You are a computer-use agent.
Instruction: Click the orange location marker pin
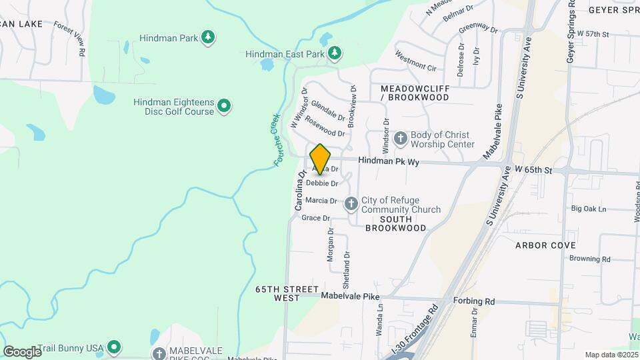pyautogui.click(x=320, y=159)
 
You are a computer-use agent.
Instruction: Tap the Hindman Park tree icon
pyautogui.click(x=208, y=37)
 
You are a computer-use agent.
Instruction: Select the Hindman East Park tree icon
pyautogui.click(x=334, y=53)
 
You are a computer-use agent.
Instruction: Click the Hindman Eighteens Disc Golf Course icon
pyautogui.click(x=225, y=105)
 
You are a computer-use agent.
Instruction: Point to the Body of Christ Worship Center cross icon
pyautogui.click(x=401, y=139)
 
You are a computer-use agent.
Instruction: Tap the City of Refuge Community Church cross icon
pyautogui.click(x=351, y=204)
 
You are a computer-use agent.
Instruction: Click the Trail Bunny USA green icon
pyautogui.click(x=114, y=347)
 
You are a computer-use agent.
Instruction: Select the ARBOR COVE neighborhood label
pyautogui.click(x=545, y=245)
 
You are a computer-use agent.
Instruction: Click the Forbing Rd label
pyautogui.click(x=475, y=301)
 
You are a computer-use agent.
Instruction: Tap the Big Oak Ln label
pyautogui.click(x=589, y=209)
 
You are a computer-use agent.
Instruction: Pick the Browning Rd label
pyautogui.click(x=590, y=259)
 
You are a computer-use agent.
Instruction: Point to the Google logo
pyautogui.click(x=22, y=351)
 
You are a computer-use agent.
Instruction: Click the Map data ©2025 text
pyautogui.click(x=611, y=355)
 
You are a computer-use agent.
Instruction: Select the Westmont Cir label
pyautogui.click(x=415, y=61)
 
